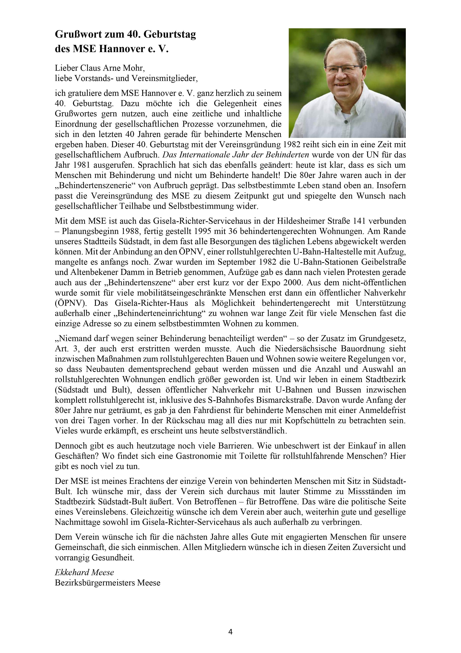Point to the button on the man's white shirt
point(346,122)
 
